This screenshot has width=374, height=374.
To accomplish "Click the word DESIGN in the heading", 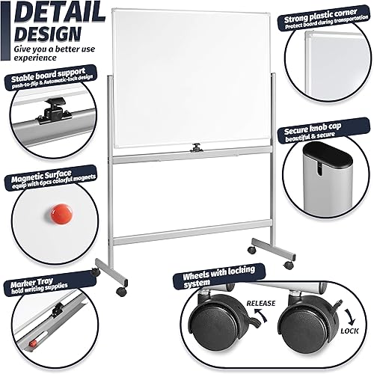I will click(46, 34).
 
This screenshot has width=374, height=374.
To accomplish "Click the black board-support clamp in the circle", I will click(50, 110).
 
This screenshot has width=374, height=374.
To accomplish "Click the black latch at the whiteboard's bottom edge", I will click(197, 148).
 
